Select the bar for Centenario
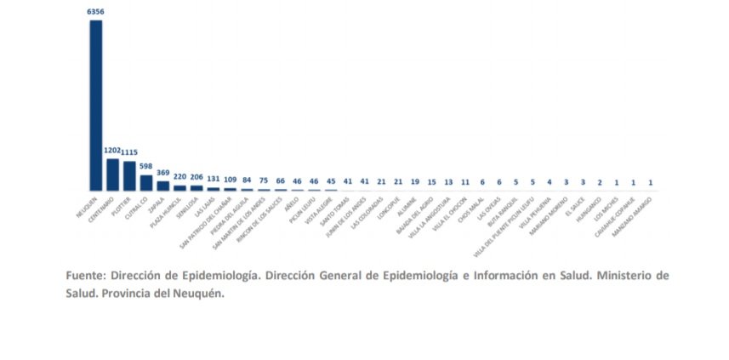coord(112,174)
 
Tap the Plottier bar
coord(129,176)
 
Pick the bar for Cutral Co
coord(146,182)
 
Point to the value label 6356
coord(95,12)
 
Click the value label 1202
coord(112,151)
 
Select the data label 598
coord(146,166)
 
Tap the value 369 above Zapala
coord(163,173)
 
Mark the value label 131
coord(213,180)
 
